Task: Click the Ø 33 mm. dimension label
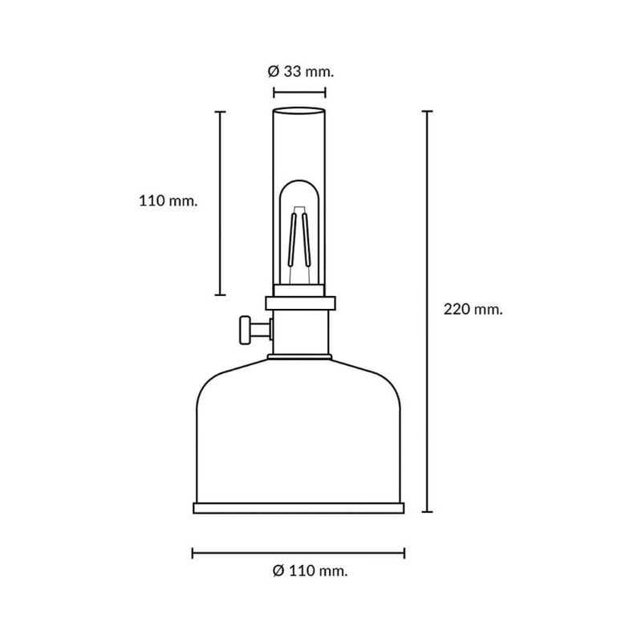300,71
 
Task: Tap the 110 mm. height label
169,201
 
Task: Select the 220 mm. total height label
473,309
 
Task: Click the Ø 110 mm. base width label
310,571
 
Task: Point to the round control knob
245,330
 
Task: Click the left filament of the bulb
292,238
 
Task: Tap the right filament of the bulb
307,238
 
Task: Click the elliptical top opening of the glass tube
299,111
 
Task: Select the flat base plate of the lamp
299,508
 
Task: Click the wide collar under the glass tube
300,303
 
